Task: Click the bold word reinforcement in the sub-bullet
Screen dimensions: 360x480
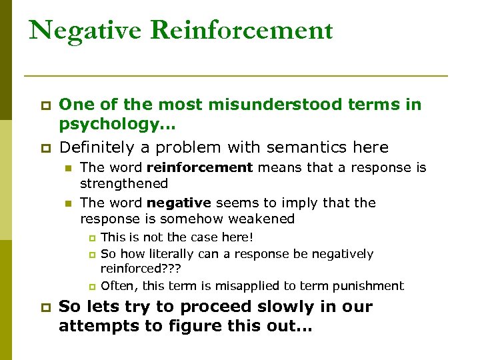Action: (x=200, y=168)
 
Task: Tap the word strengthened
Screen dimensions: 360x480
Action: (x=124, y=183)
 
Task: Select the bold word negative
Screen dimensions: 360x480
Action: (x=179, y=203)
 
